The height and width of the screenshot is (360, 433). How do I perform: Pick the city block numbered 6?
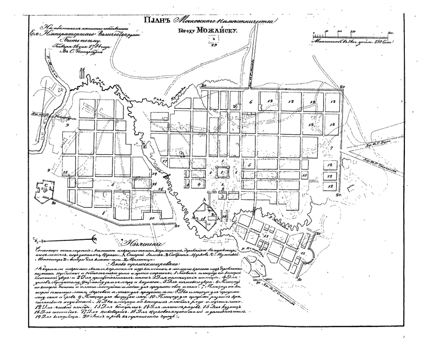coord(251,101)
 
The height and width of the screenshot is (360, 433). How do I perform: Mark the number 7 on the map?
coord(331,148)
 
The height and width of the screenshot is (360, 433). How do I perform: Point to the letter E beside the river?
coord(145,147)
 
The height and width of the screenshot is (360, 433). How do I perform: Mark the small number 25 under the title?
coord(214,46)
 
